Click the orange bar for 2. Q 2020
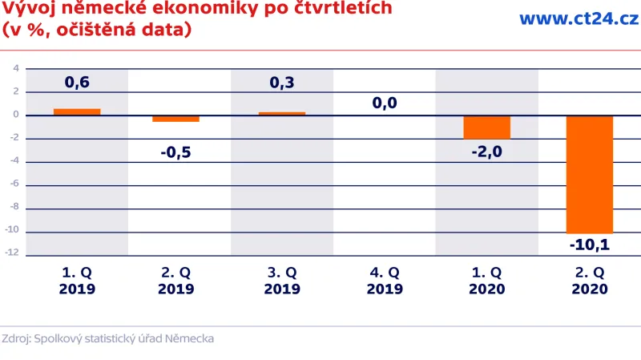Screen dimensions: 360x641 590,174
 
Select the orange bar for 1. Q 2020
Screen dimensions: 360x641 486,127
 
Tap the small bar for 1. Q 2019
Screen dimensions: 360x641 77,112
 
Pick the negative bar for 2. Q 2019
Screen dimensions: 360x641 176,119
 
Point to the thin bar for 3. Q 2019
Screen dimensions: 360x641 282,114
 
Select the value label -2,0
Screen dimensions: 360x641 486,152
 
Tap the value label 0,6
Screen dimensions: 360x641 77,82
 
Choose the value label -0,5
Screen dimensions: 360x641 176,152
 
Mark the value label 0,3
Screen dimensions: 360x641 282,82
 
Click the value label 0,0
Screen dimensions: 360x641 385,103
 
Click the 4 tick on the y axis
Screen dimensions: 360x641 15,68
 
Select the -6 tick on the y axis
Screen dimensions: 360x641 14,185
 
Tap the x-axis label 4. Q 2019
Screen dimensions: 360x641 385,280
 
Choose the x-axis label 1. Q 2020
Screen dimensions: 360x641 486,280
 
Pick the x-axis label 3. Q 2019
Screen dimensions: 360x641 282,280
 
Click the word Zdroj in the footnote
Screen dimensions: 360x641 15,339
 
